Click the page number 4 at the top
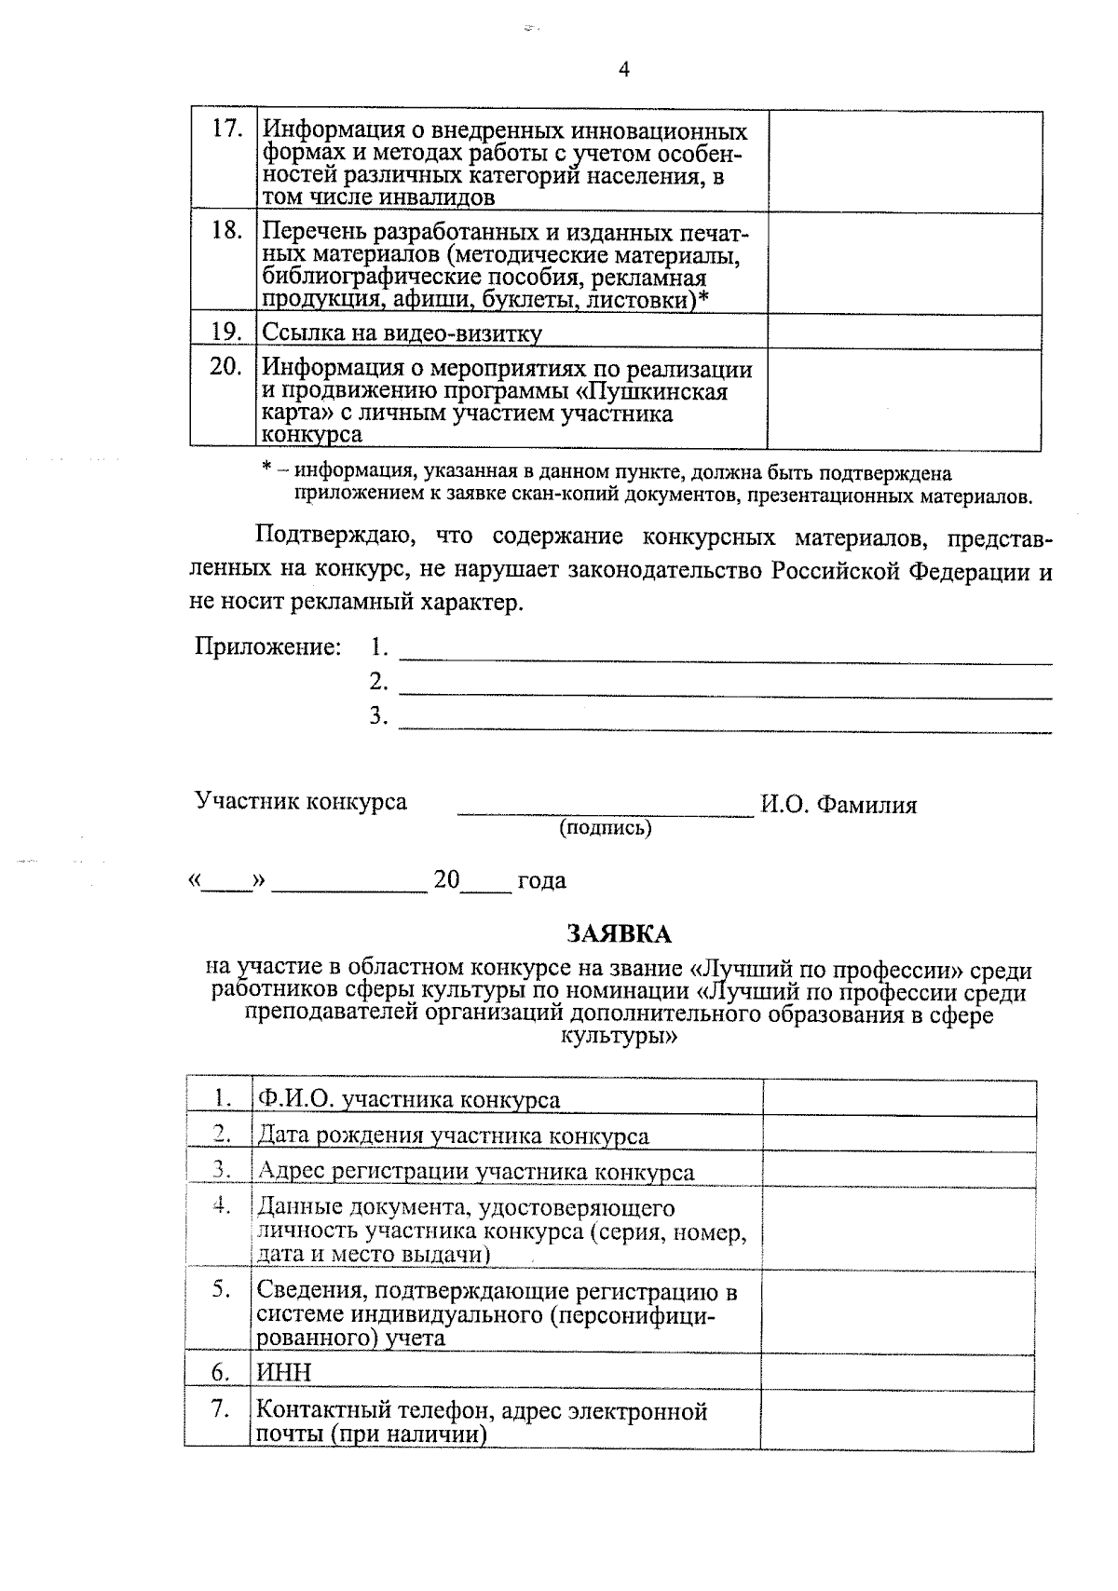[624, 70]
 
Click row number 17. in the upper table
[226, 129]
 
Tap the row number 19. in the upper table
[226, 332]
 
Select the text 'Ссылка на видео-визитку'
[402, 333]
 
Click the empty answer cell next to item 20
[904, 399]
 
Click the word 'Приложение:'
[267, 646]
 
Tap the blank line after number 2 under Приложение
[725, 692]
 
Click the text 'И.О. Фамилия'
[838, 806]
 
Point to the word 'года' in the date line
[541, 881]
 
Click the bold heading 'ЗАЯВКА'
[620, 933]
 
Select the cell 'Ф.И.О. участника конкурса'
[409, 1099]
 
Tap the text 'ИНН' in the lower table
[284, 1372]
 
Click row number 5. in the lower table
[220, 1290]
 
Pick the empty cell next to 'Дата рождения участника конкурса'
[898, 1134]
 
